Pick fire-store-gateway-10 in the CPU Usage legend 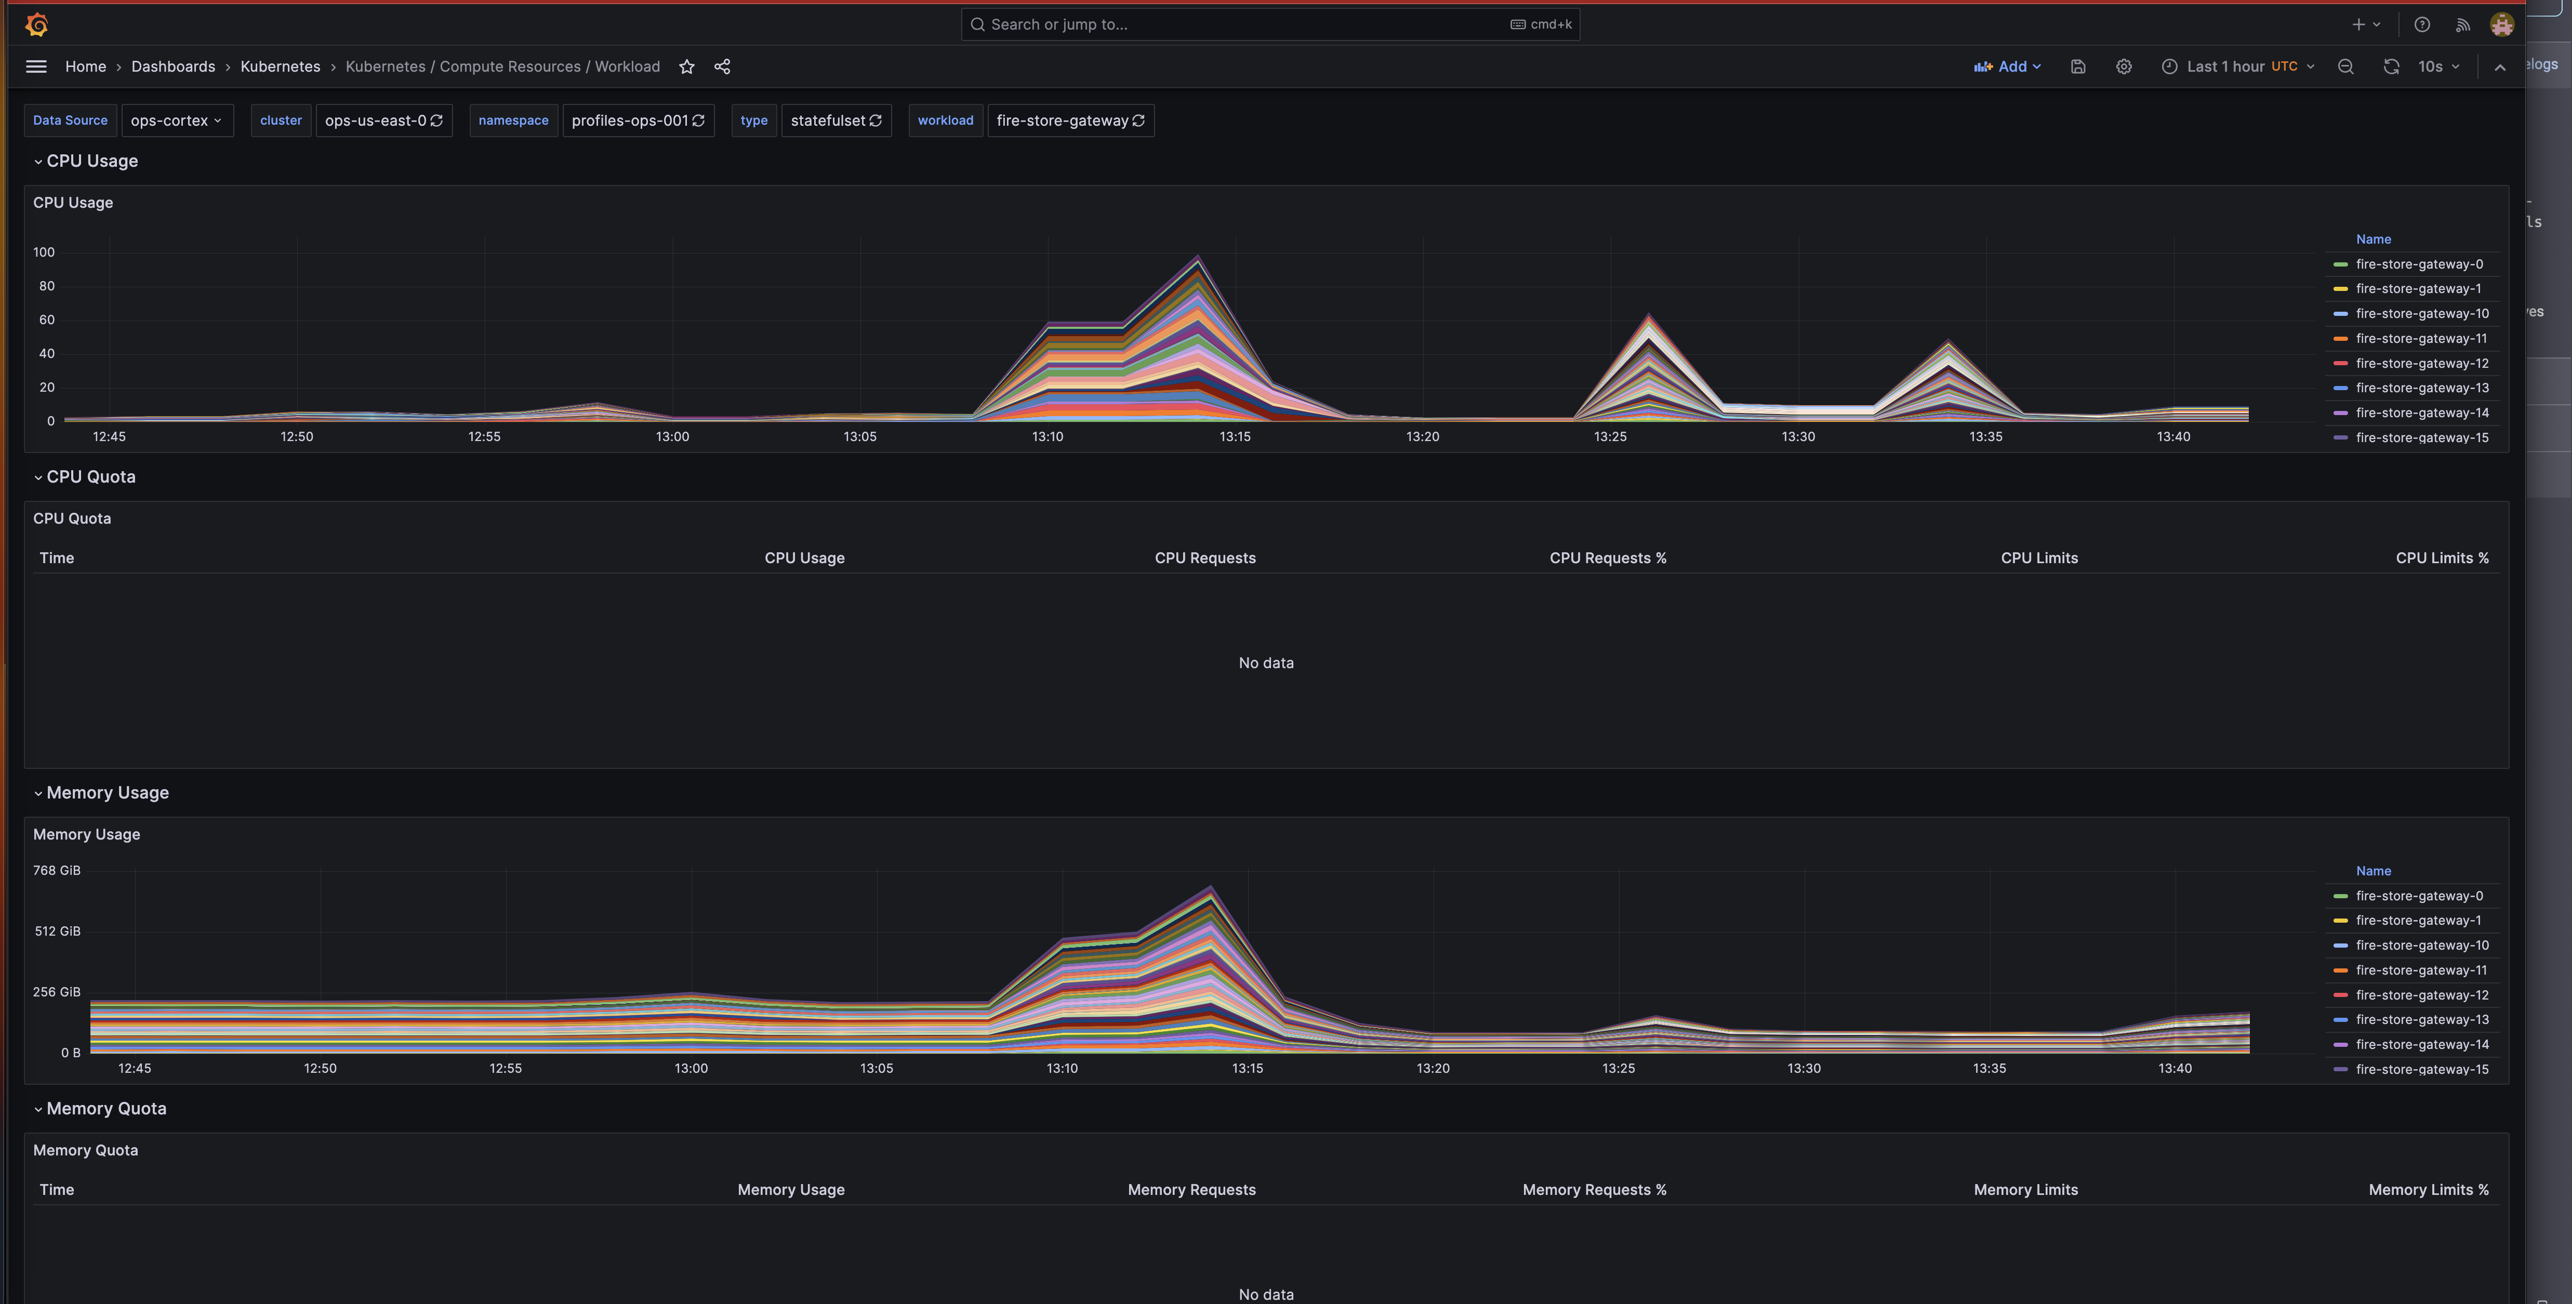point(2421,313)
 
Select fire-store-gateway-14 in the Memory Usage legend point(2421,1044)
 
